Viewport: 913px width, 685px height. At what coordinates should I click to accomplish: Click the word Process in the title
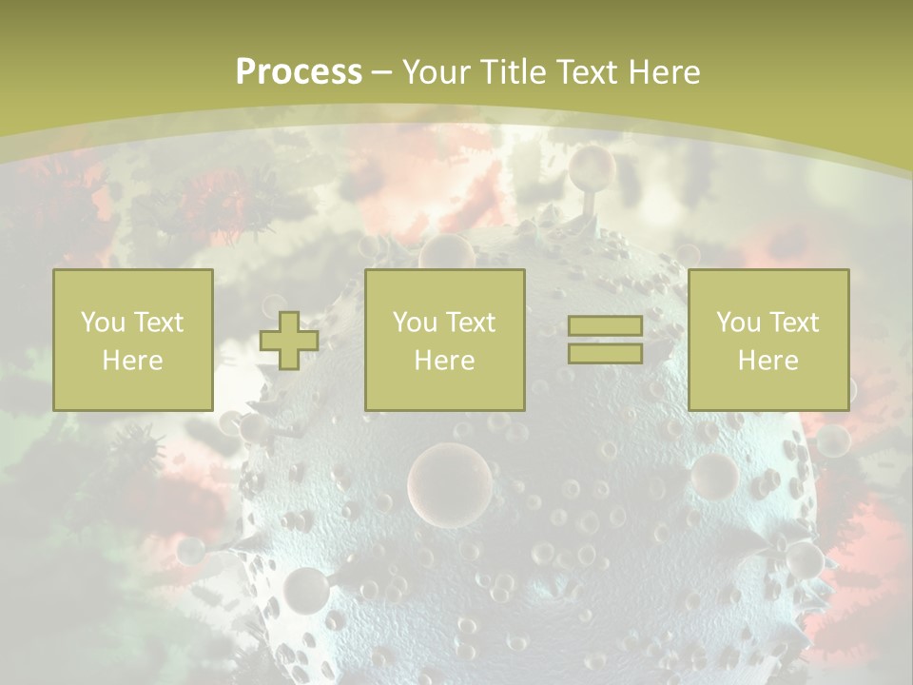point(299,72)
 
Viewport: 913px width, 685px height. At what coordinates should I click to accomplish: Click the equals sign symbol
point(605,340)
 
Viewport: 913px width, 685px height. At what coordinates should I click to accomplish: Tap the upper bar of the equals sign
point(605,326)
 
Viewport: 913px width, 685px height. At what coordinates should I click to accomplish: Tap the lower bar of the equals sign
point(605,353)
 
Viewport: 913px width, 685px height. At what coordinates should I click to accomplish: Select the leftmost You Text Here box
point(132,341)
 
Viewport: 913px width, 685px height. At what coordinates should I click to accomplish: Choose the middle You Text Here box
point(444,341)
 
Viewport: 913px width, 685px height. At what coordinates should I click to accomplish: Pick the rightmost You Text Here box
point(767,341)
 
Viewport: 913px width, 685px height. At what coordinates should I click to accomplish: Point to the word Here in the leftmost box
point(132,361)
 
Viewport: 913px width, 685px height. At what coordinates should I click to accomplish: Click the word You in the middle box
point(415,323)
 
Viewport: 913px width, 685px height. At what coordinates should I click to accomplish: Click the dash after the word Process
point(382,73)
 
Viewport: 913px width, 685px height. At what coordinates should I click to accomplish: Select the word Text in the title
point(584,72)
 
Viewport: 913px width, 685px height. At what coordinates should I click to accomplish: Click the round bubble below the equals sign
point(713,476)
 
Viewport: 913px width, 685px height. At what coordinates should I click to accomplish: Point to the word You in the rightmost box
point(738,323)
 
